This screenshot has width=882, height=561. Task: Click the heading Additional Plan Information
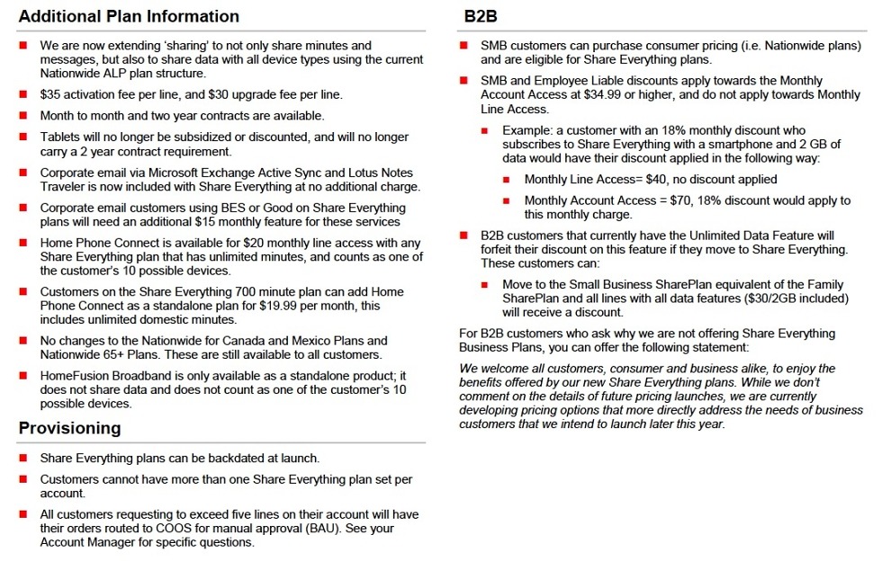[x=129, y=16]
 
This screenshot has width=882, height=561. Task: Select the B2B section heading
[x=481, y=16]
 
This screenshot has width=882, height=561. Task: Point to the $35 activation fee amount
[x=50, y=93]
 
